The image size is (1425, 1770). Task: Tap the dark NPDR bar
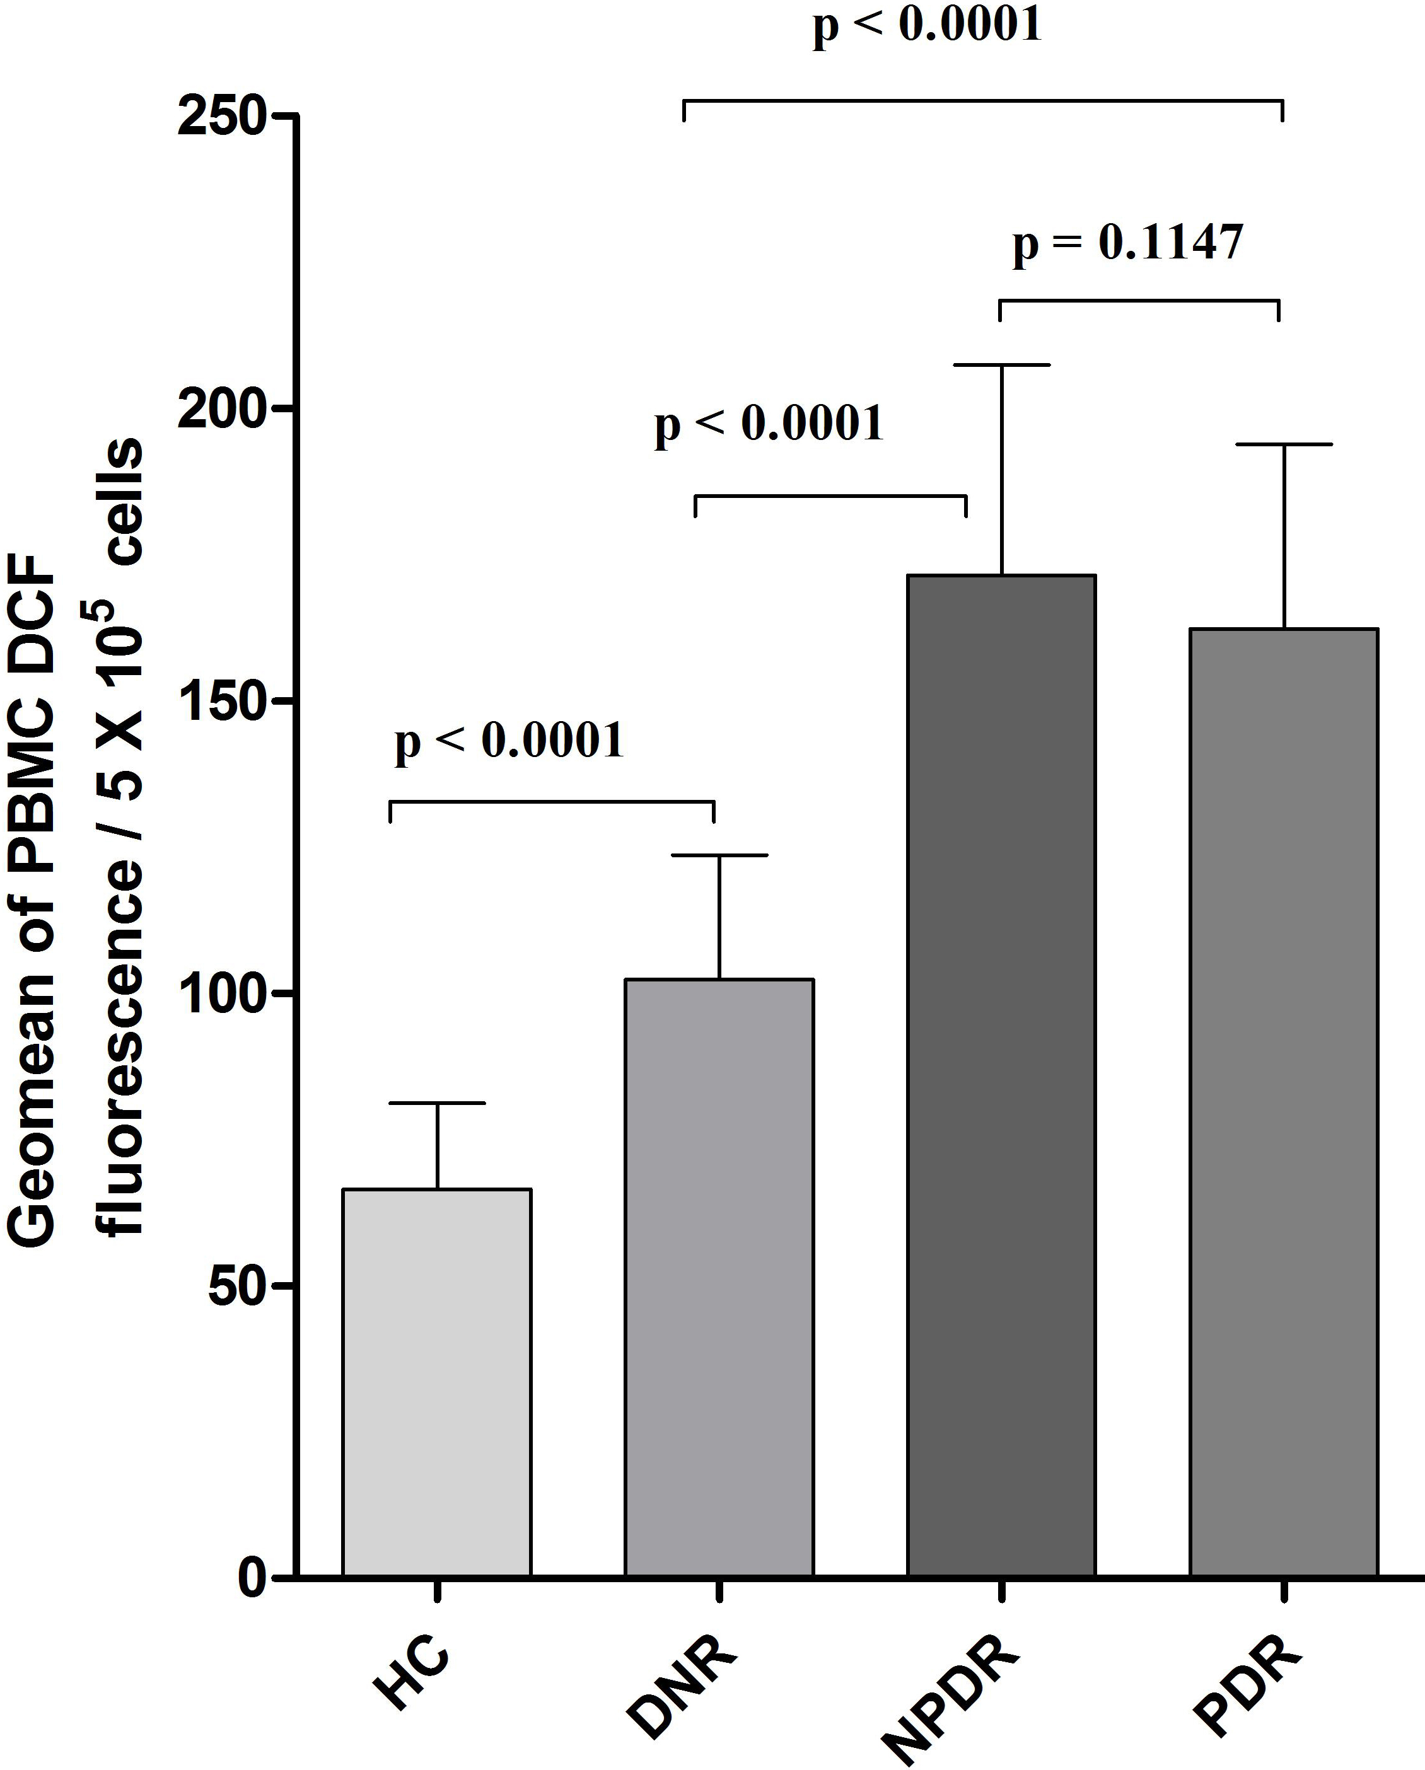click(1001, 1075)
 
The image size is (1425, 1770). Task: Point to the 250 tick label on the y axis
click(223, 117)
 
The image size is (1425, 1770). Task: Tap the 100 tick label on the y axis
click(223, 993)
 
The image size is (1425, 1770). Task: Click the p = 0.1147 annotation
click(1127, 243)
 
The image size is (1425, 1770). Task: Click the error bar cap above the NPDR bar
click(1001, 364)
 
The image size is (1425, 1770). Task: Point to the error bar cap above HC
click(437, 1102)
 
